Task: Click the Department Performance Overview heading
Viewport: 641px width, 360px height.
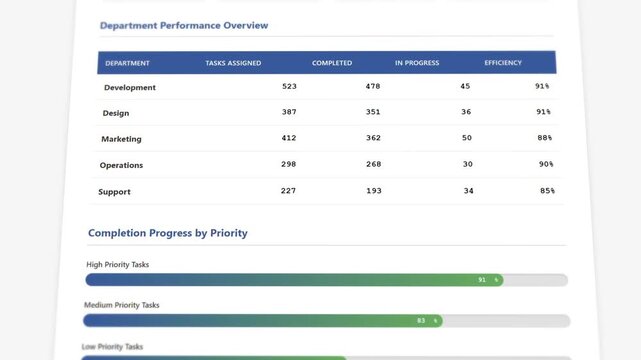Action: pos(184,25)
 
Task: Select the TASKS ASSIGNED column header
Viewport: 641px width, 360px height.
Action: pos(233,63)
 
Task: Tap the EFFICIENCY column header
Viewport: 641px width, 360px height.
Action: pos(503,63)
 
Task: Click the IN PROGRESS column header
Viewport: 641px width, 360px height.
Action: pos(417,63)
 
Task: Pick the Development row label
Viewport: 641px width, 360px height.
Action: pos(130,87)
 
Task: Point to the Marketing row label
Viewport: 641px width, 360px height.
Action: pos(121,139)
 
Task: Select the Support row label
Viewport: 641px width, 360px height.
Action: pos(114,191)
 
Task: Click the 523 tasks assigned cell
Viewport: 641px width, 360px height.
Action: pos(289,86)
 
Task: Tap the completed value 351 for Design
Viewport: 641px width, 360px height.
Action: pos(373,112)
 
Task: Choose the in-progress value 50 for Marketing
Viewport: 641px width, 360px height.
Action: pos(467,138)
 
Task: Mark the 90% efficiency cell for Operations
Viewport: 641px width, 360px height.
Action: pos(546,164)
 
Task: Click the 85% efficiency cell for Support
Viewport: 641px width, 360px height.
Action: pos(547,190)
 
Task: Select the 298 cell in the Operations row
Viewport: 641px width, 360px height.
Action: pos(288,164)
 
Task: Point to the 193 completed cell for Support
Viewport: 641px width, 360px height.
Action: pos(374,190)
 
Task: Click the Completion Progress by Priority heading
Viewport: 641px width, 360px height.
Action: pos(168,233)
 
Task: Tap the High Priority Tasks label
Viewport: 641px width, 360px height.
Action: pos(118,264)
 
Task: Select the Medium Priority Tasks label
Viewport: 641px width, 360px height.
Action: pos(121,305)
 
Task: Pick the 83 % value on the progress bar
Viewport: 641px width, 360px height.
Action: pos(428,321)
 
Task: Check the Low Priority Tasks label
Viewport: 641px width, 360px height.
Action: pos(112,347)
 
